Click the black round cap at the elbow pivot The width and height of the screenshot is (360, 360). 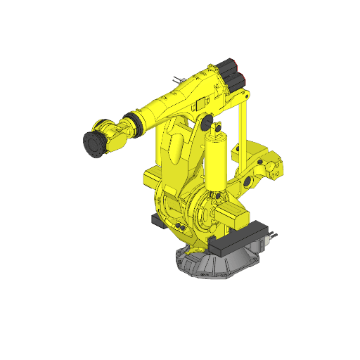207,124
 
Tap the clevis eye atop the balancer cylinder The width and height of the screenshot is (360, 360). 217,129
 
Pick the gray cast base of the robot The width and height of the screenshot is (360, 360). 211,263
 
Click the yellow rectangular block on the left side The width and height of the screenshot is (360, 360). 153,176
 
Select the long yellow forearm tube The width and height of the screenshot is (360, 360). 169,105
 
